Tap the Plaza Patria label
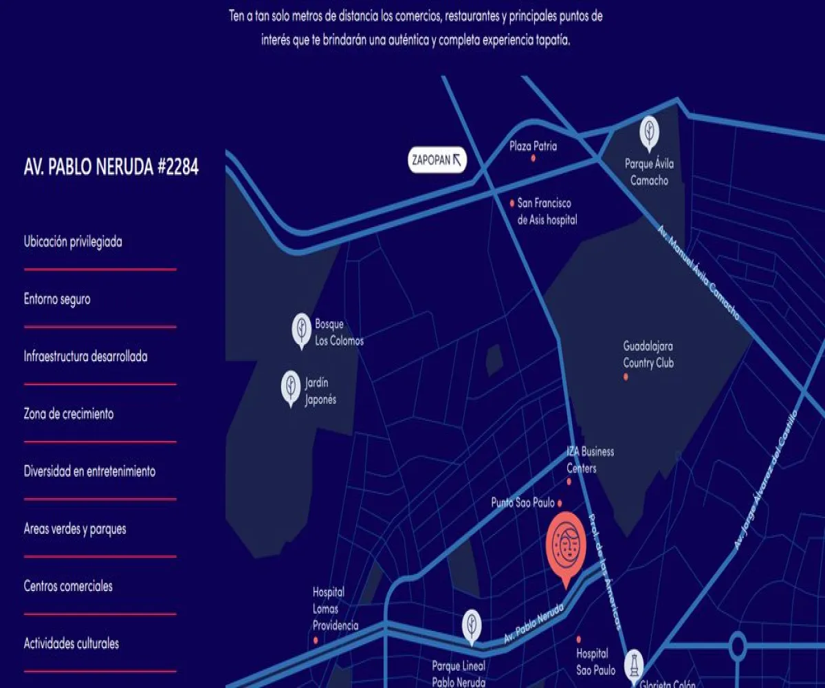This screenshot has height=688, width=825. [x=533, y=147]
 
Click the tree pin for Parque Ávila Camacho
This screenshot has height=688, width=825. [x=649, y=133]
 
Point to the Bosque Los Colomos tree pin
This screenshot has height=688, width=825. [x=301, y=330]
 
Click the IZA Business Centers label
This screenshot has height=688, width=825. [x=590, y=460]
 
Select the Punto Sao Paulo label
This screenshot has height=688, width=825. [x=522, y=503]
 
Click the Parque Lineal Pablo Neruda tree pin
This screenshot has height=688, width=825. [x=471, y=627]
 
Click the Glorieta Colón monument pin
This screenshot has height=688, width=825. [x=634, y=665]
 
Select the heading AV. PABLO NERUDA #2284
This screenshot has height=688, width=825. [x=111, y=167]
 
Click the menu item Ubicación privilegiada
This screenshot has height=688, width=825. [x=73, y=242]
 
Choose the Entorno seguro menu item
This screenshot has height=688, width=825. [x=57, y=299]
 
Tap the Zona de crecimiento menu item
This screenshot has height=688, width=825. [x=69, y=414]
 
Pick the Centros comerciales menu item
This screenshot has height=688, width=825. [x=68, y=586]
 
